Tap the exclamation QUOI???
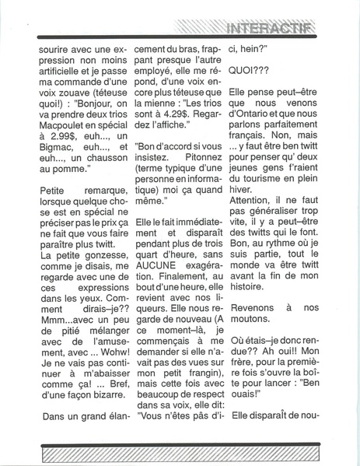pos(250,67)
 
